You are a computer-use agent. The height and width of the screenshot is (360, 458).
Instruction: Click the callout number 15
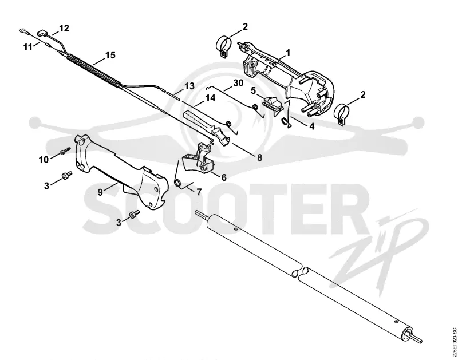coord(110,55)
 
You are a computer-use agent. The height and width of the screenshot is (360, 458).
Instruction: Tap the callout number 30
coord(238,83)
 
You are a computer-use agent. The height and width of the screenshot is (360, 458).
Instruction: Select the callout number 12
coord(64,28)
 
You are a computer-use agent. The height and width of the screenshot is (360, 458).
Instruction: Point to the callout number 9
coord(100,192)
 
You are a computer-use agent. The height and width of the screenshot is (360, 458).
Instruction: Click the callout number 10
coord(44,160)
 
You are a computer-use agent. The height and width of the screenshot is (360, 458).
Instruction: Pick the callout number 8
coord(259,157)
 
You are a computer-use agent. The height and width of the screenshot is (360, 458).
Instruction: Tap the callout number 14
coord(210,98)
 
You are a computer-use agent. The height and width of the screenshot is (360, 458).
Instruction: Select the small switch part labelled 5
coord(274,105)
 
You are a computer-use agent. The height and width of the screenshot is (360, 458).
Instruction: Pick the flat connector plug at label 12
coord(42,34)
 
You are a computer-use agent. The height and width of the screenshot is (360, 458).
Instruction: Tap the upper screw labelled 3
coord(67,176)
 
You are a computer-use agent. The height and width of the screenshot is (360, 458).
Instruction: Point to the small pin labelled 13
coord(173,96)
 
